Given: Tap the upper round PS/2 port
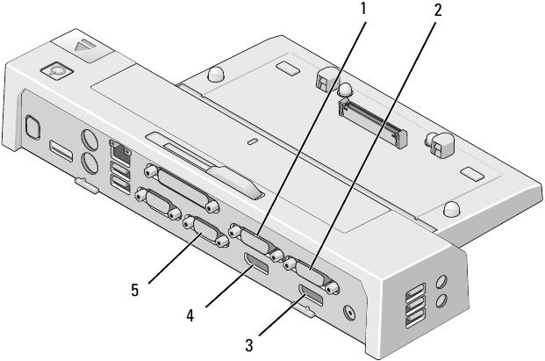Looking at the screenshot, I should tap(89, 141).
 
